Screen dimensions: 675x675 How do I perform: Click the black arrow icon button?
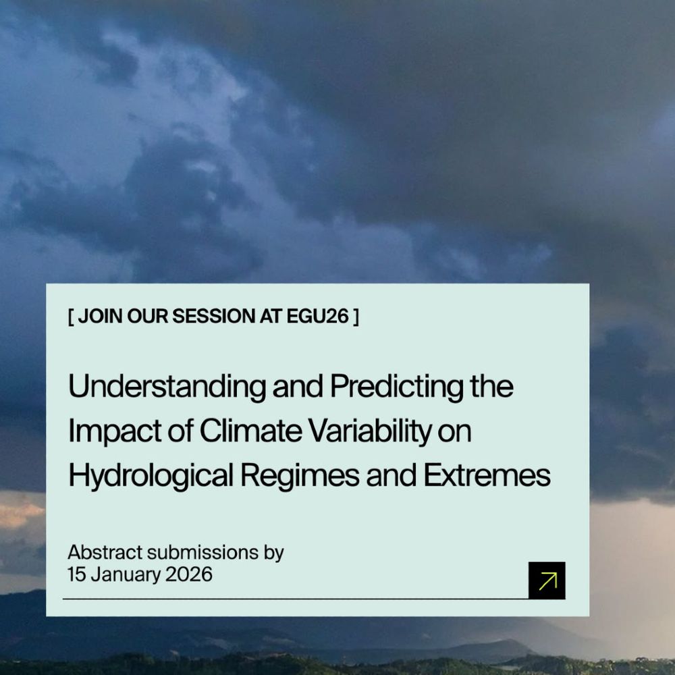547,580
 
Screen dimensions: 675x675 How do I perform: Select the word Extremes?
487,477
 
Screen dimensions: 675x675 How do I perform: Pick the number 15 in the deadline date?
75,574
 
